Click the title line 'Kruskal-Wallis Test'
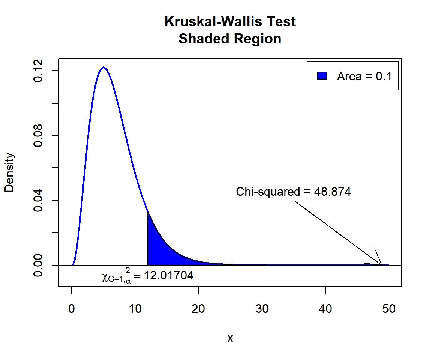point(230,22)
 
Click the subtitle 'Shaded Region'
point(230,39)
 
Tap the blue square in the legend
point(322,76)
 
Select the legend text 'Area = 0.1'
point(364,76)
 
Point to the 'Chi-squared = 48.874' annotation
point(293,192)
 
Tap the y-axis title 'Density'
point(9,172)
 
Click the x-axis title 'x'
point(230,338)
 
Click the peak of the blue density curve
point(103,67)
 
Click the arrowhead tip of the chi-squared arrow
point(381,264)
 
